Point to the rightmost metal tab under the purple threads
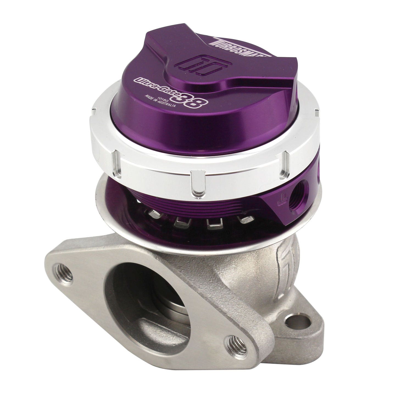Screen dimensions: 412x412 [245, 220]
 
